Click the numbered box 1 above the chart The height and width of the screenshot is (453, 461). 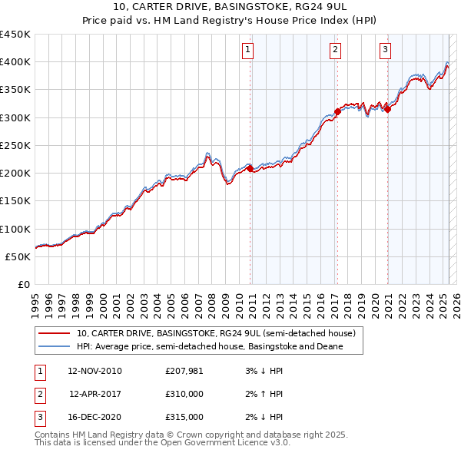click(249, 51)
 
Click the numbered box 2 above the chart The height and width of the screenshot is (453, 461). click(336, 51)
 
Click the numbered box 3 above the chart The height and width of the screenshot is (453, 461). click(385, 51)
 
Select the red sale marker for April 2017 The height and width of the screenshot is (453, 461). click(337, 111)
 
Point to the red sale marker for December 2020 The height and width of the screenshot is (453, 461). click(387, 109)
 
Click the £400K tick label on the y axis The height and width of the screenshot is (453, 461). click(15, 61)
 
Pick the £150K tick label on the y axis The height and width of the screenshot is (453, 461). click(15, 200)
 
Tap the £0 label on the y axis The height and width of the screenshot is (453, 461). click(23, 284)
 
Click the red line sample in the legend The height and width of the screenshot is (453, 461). click(54, 334)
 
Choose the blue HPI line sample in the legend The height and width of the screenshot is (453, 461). click(54, 347)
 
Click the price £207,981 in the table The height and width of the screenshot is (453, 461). click(184, 371)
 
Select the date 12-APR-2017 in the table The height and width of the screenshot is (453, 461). click(95, 394)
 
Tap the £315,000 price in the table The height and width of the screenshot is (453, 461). click(184, 417)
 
